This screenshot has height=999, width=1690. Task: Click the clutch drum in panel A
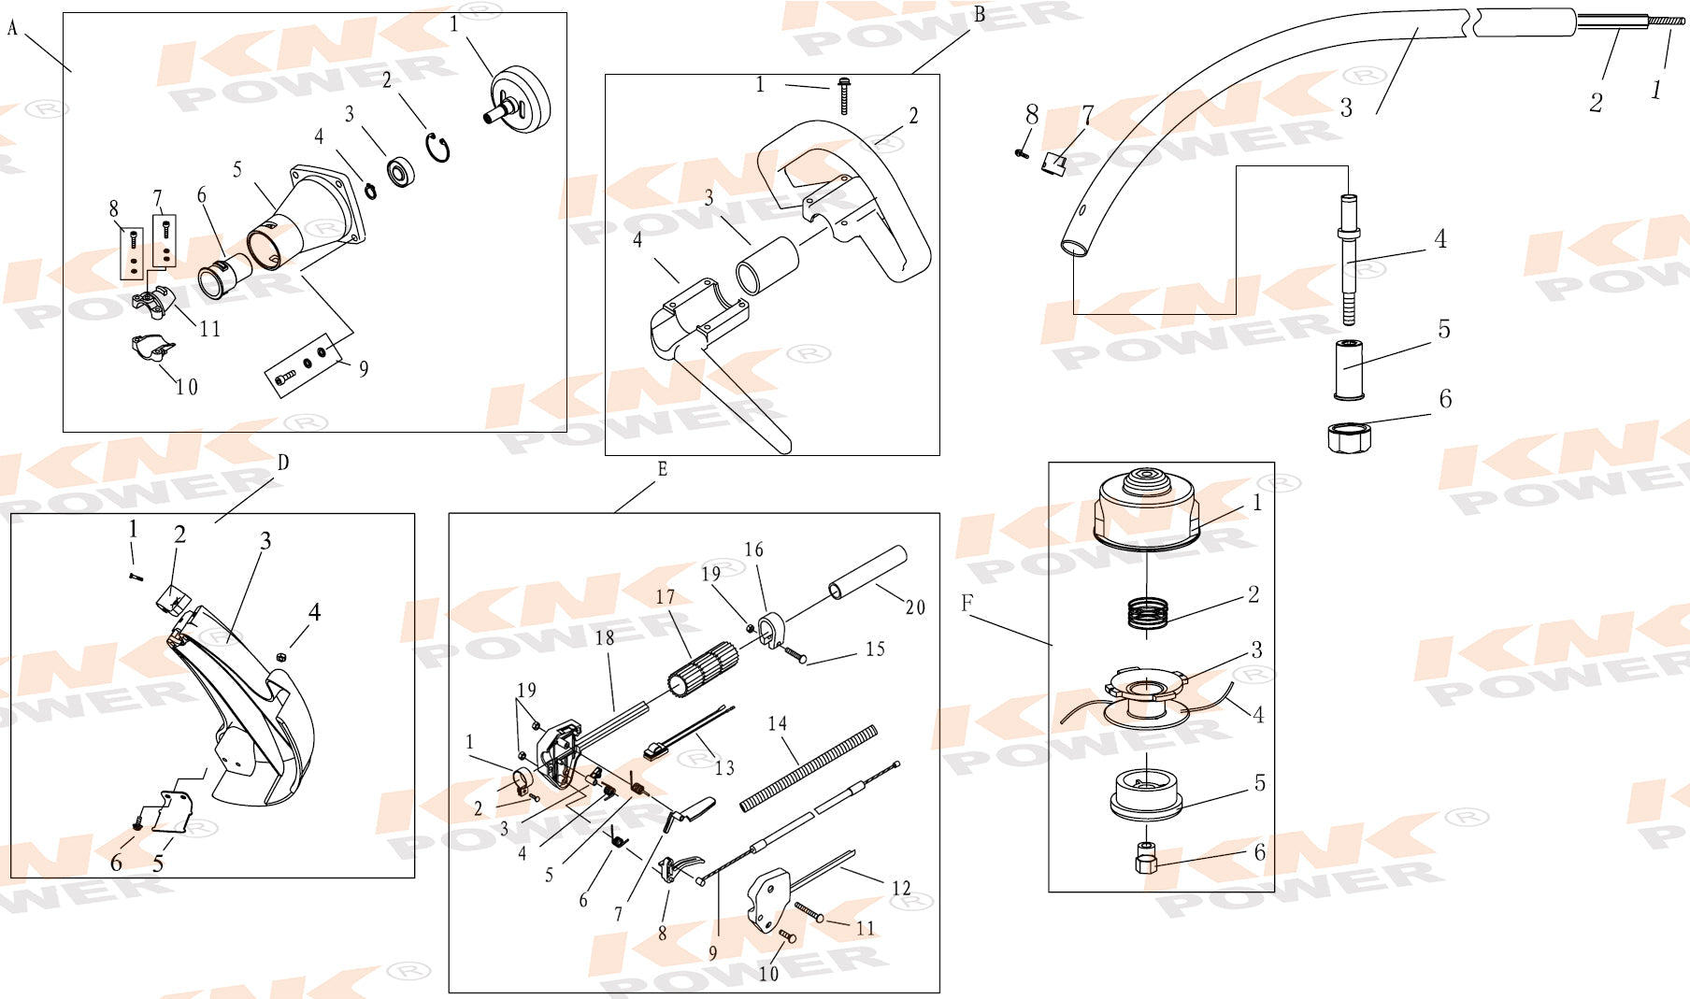click(521, 100)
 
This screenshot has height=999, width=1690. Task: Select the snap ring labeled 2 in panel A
click(438, 148)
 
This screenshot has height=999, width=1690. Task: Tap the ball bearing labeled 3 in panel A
click(402, 172)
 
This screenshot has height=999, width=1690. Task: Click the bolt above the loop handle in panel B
click(845, 95)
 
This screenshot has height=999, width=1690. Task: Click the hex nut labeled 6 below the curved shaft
click(1349, 437)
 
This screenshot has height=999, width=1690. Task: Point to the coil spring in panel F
click(1147, 612)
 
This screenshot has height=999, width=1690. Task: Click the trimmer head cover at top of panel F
click(1147, 508)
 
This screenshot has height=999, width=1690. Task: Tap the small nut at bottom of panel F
click(1146, 857)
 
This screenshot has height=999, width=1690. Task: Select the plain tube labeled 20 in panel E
click(868, 572)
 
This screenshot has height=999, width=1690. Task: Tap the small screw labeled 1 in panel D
click(136, 576)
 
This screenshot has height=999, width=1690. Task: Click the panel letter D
click(283, 464)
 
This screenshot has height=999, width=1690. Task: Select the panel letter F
click(967, 604)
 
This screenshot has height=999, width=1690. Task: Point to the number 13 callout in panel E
click(724, 768)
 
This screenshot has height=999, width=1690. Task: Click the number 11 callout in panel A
click(210, 329)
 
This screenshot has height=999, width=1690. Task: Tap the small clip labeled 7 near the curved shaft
click(1054, 164)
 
